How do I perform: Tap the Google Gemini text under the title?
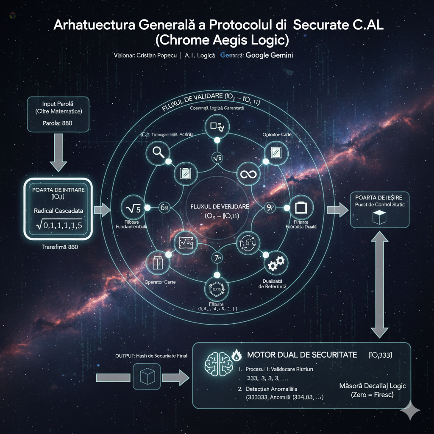269,56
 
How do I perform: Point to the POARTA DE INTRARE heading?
58,189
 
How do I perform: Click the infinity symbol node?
246,174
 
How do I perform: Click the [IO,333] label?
380,354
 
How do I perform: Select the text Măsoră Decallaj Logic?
373,386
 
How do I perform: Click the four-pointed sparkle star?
410,410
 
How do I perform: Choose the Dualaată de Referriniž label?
273,284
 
